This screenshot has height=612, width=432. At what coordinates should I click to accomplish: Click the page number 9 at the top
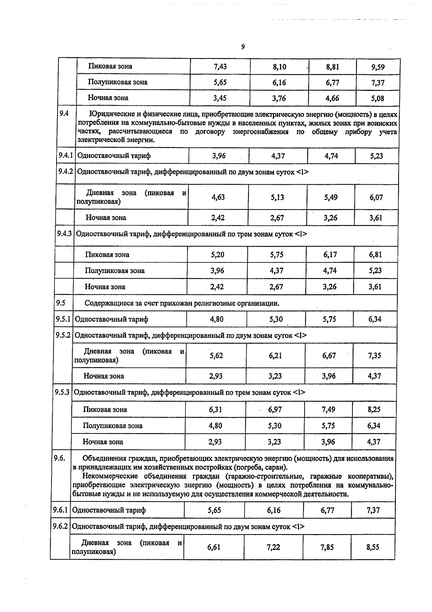(243, 47)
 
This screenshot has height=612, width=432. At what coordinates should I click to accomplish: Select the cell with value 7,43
(220, 67)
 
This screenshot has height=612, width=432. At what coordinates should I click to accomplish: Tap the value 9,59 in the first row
(378, 67)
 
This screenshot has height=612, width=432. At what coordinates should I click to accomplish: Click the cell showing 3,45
(220, 98)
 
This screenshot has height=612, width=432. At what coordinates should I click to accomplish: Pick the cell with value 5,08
(378, 98)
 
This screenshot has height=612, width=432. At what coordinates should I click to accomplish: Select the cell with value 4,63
(218, 197)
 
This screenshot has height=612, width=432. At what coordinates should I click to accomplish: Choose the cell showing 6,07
(376, 198)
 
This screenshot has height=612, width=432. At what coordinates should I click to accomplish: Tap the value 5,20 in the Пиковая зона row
(217, 255)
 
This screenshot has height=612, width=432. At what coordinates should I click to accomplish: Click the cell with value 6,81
(375, 255)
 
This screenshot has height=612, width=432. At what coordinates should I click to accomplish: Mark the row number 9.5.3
(62, 392)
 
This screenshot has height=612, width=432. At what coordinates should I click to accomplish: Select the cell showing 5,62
(216, 356)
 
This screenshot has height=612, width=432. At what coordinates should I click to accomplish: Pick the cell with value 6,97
(275, 410)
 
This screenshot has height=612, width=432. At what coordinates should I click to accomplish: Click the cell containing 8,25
(374, 410)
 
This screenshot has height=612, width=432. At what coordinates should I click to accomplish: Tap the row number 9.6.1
(60, 510)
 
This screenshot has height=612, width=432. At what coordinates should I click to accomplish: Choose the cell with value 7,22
(273, 547)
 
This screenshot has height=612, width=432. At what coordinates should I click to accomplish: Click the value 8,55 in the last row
(373, 547)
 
